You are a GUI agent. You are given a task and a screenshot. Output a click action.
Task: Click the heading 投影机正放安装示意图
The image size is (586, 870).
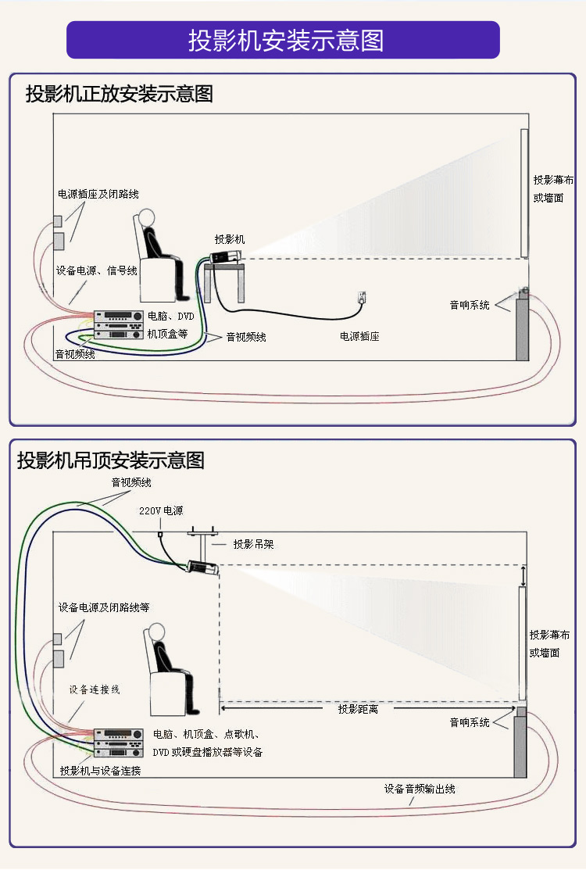click(119, 95)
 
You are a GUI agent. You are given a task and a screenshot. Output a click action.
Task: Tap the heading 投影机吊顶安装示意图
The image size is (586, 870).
click(110, 460)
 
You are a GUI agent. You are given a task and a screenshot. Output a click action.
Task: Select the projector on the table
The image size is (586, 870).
click(227, 256)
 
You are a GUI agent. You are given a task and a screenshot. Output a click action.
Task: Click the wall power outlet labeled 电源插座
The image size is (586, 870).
click(362, 298)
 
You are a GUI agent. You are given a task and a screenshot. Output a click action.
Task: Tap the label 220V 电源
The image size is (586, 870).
click(161, 510)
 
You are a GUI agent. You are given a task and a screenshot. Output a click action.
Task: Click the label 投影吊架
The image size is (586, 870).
click(253, 543)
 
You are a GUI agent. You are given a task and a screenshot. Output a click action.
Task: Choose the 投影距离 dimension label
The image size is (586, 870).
click(358, 709)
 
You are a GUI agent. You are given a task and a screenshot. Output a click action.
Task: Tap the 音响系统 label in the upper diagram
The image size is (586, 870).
click(470, 305)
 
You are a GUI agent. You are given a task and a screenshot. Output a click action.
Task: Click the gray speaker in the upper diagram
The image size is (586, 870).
click(522, 328)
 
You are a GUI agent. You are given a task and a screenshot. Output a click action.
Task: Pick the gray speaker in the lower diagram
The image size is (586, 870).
click(520, 746)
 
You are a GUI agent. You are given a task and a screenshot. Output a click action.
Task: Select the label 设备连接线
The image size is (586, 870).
click(95, 689)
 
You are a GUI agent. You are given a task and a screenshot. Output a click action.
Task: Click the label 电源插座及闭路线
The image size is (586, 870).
click(98, 194)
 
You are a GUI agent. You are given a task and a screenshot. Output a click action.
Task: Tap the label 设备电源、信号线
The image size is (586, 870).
click(97, 270)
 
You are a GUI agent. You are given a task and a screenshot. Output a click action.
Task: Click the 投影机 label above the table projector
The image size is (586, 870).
click(230, 238)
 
